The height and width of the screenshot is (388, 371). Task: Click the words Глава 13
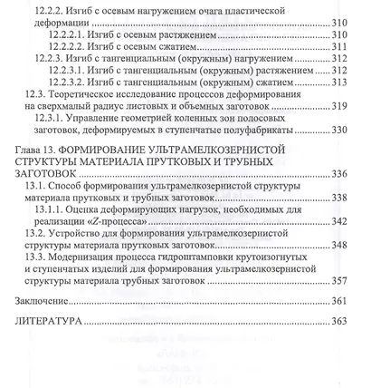[43, 148]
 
